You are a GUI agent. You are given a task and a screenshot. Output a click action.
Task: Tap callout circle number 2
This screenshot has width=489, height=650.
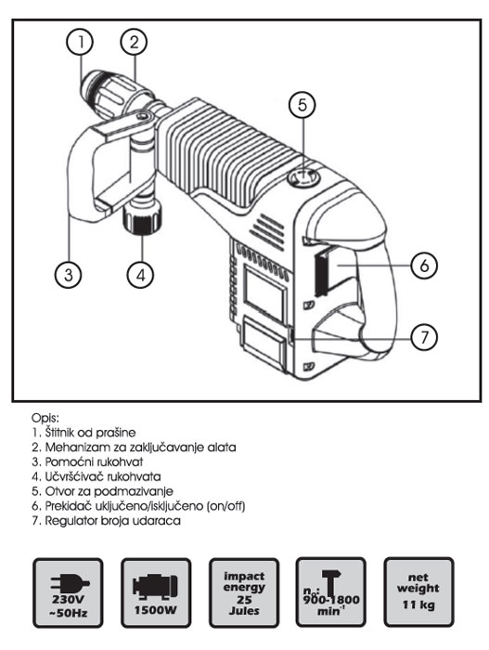pos(135,42)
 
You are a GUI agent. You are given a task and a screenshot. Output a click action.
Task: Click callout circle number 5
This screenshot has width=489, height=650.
pos(299,105)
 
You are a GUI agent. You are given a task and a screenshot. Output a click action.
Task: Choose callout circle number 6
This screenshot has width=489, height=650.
pos(422,265)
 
